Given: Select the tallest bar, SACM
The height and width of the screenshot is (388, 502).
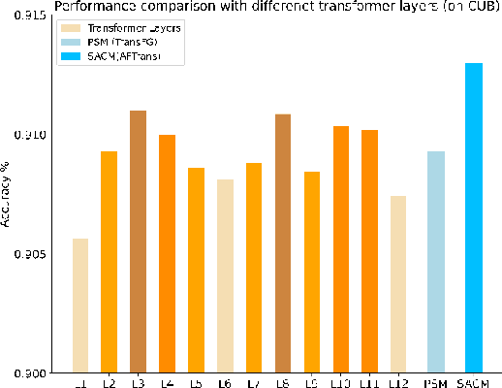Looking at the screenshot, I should (473, 218).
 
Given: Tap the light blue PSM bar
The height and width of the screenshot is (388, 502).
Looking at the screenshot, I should (435, 262).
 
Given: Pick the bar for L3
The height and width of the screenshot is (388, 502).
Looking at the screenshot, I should (139, 242).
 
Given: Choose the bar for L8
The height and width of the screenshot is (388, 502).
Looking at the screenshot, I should (283, 243).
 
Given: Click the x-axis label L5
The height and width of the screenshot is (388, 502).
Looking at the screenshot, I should (196, 384).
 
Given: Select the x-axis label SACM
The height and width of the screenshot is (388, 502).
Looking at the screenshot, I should (474, 384).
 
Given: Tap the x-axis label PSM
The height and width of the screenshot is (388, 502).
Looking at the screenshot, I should (435, 384).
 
